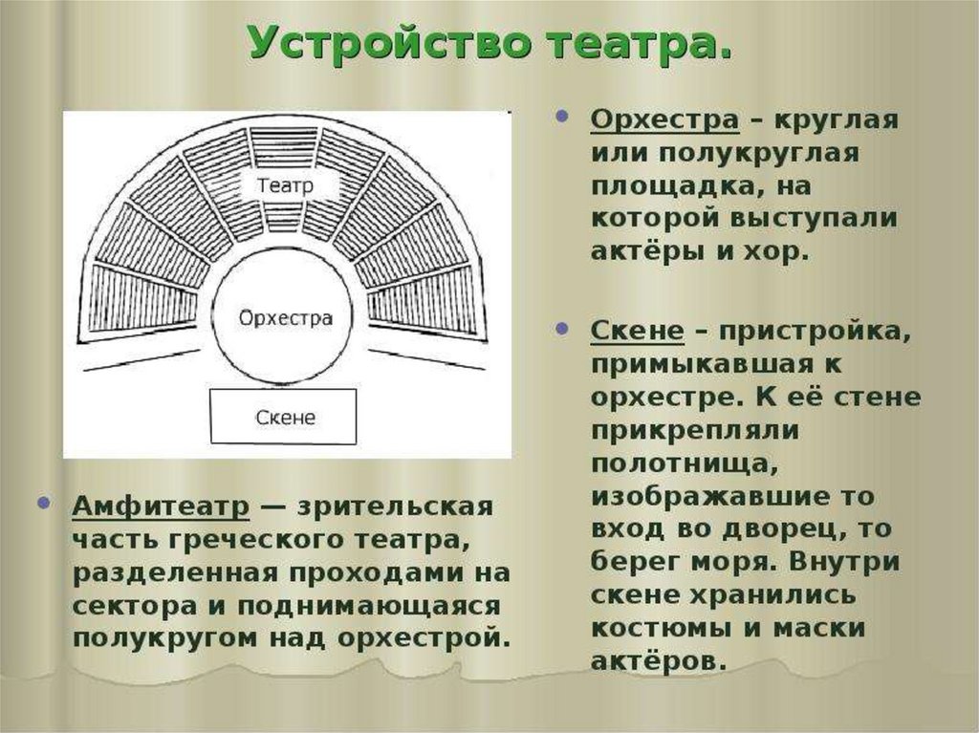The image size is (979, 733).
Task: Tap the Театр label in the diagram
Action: coord(285,185)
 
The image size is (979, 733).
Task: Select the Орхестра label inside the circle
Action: coord(285,318)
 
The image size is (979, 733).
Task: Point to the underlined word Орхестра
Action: coord(664,120)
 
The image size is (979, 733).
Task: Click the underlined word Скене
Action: coord(637,332)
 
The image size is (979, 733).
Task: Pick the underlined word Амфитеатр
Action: coord(161,506)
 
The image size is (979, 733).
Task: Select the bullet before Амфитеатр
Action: coord(45,503)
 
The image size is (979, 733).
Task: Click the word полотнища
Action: coord(681,462)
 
